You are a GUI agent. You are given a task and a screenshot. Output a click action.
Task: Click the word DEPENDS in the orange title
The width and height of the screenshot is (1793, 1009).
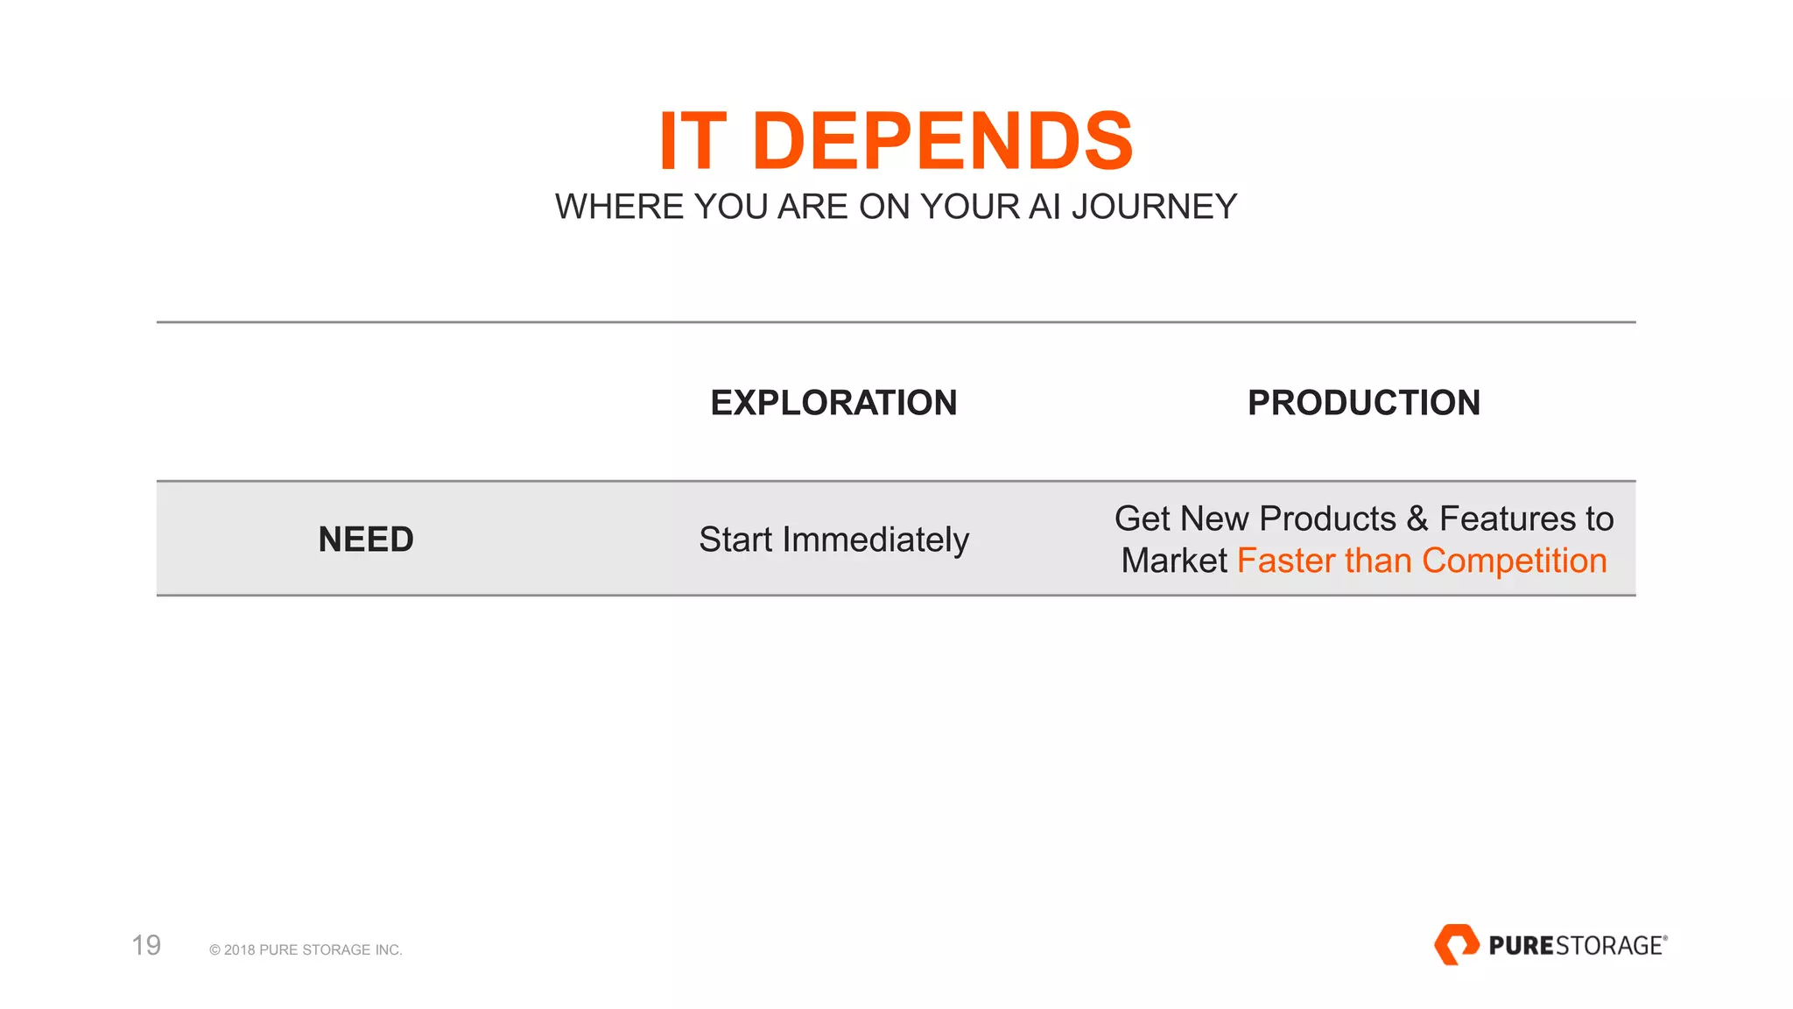point(942,141)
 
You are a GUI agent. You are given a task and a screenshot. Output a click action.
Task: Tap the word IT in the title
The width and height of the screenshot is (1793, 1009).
point(693,141)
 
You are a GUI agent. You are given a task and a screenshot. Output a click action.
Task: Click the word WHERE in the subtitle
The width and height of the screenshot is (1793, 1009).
point(619,207)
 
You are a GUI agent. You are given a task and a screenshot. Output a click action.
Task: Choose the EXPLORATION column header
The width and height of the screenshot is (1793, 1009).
point(833,403)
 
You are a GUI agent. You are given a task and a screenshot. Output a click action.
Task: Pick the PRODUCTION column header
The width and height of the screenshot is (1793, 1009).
point(1363,403)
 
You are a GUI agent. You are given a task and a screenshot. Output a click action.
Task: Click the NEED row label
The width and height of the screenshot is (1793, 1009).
point(366,540)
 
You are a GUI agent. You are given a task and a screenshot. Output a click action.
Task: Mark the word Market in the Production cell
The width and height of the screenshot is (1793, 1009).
point(1174,561)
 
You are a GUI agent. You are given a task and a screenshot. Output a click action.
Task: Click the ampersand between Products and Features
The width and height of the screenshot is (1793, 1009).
point(1417,519)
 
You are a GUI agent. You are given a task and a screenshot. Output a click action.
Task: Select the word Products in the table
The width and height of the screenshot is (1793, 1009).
point(1327,519)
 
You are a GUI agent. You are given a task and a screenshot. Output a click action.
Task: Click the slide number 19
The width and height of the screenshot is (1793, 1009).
point(146,945)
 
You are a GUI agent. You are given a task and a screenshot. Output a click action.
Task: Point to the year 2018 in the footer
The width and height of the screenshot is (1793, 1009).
point(239,950)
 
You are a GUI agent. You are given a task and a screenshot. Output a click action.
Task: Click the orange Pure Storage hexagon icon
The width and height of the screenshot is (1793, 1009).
point(1456,944)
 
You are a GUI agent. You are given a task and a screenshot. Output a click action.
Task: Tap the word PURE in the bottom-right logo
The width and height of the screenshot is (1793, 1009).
point(1521,946)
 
